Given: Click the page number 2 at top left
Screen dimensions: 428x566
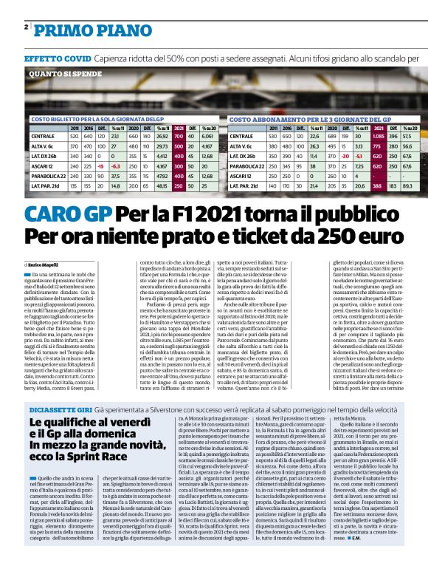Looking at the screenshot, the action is point(26,27).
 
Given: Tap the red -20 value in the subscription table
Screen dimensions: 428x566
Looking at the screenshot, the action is point(344,157).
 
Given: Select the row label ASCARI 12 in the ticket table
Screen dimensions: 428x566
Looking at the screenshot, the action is point(43,168).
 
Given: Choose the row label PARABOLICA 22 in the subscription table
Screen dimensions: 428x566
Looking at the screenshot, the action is point(247,167).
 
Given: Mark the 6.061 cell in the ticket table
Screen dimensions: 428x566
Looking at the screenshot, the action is point(207,137).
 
